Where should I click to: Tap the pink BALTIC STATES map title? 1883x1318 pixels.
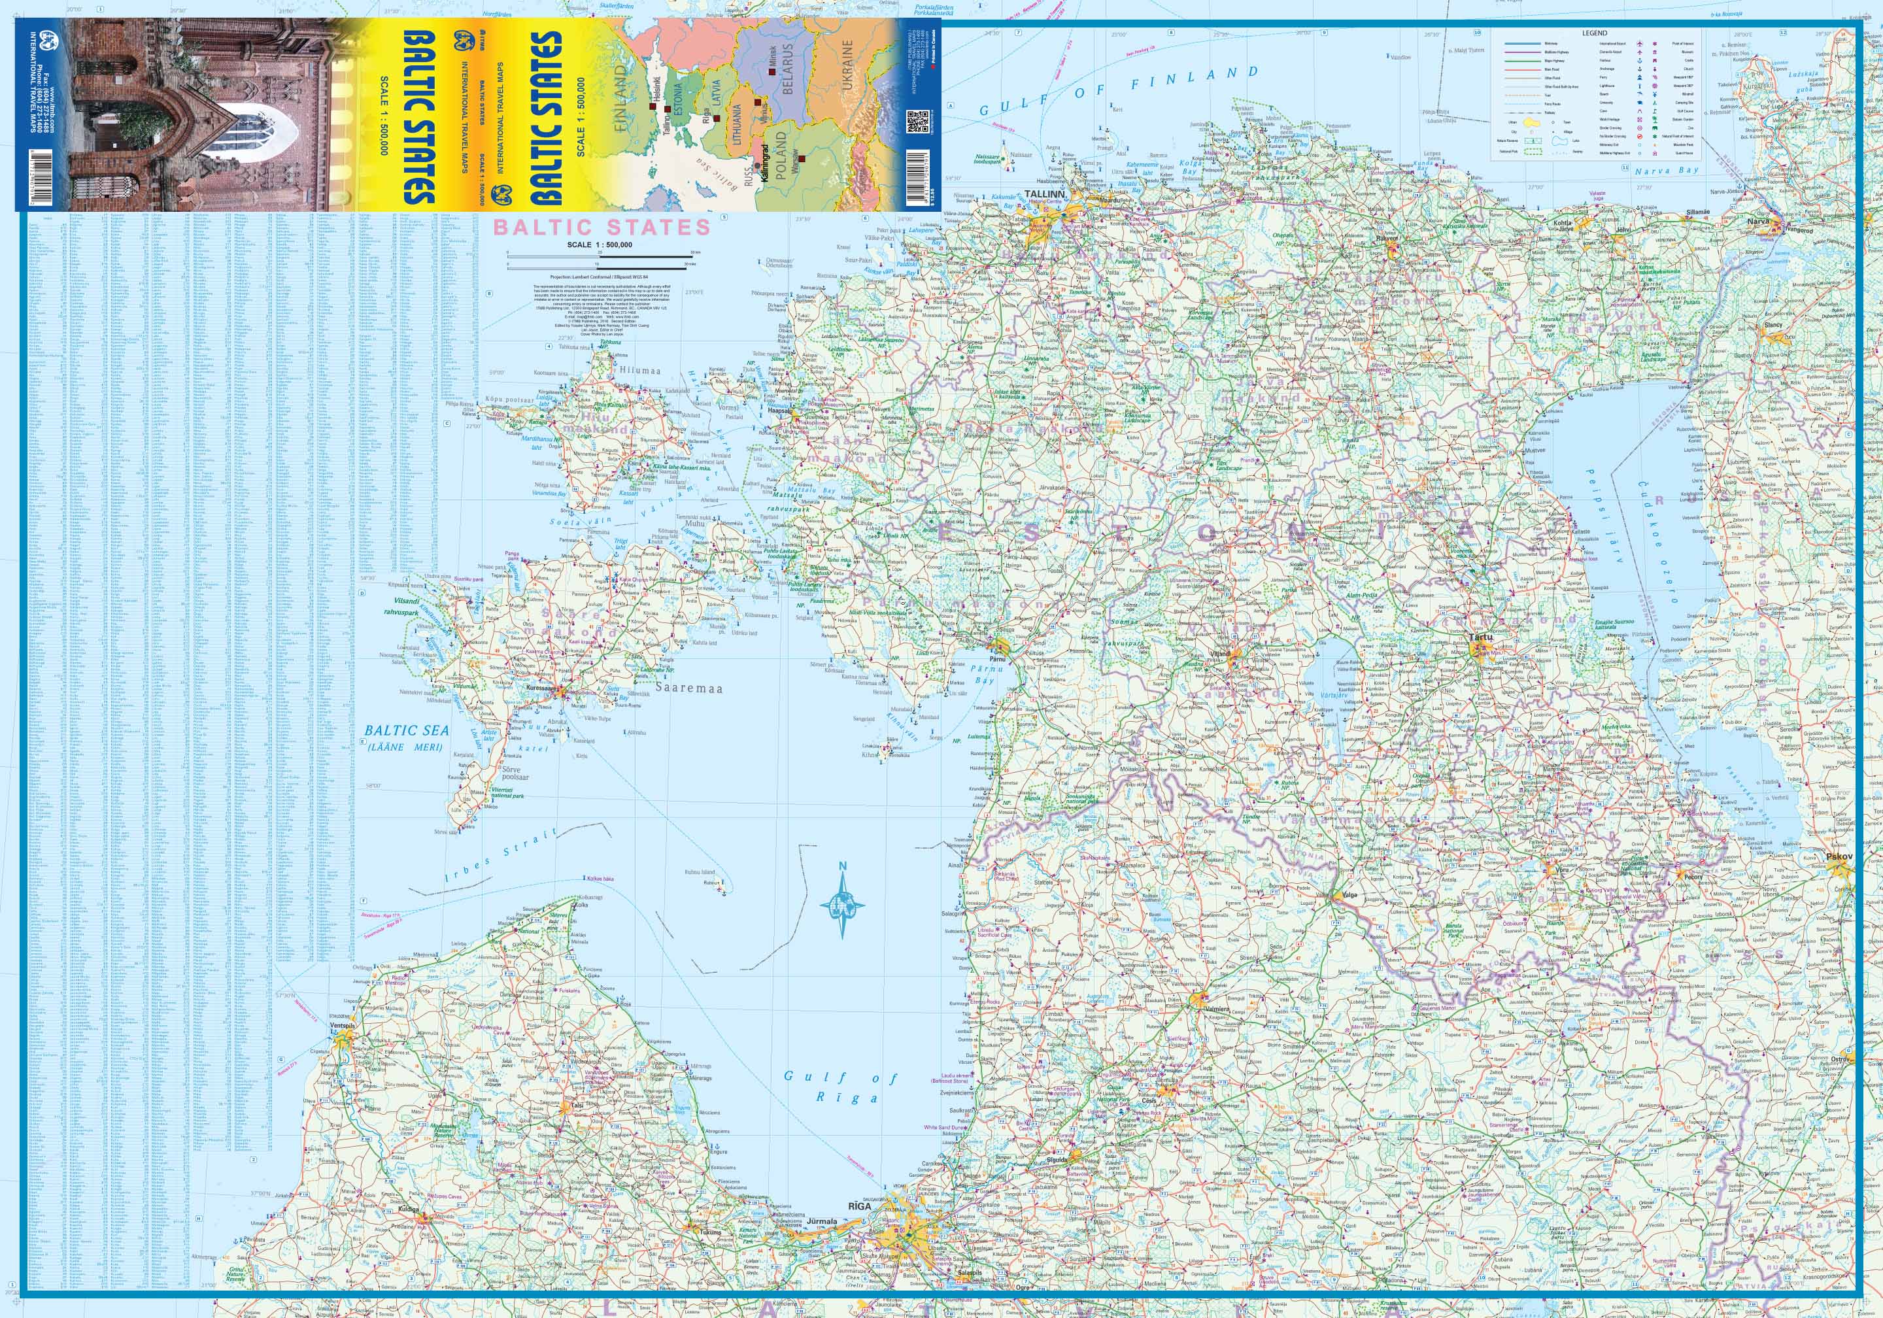click(x=601, y=226)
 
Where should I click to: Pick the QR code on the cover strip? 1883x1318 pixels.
click(x=919, y=122)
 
